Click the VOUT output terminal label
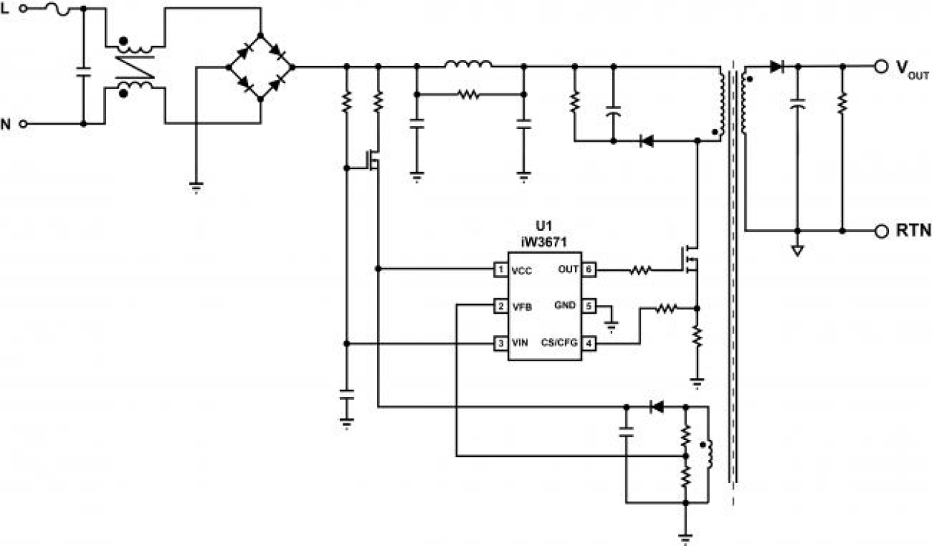click(912, 68)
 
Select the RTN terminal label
click(913, 231)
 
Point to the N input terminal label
click(6, 124)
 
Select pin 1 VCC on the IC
click(502, 269)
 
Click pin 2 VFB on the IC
click(502, 306)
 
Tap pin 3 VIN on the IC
click(502, 343)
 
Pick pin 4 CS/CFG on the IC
click(588, 343)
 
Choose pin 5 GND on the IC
click(588, 306)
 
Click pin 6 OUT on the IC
click(588, 269)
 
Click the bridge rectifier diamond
click(260, 67)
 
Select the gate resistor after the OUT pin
click(640, 271)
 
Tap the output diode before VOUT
click(776, 67)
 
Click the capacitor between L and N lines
click(82, 73)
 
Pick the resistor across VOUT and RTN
click(842, 104)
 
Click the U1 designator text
click(544, 224)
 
